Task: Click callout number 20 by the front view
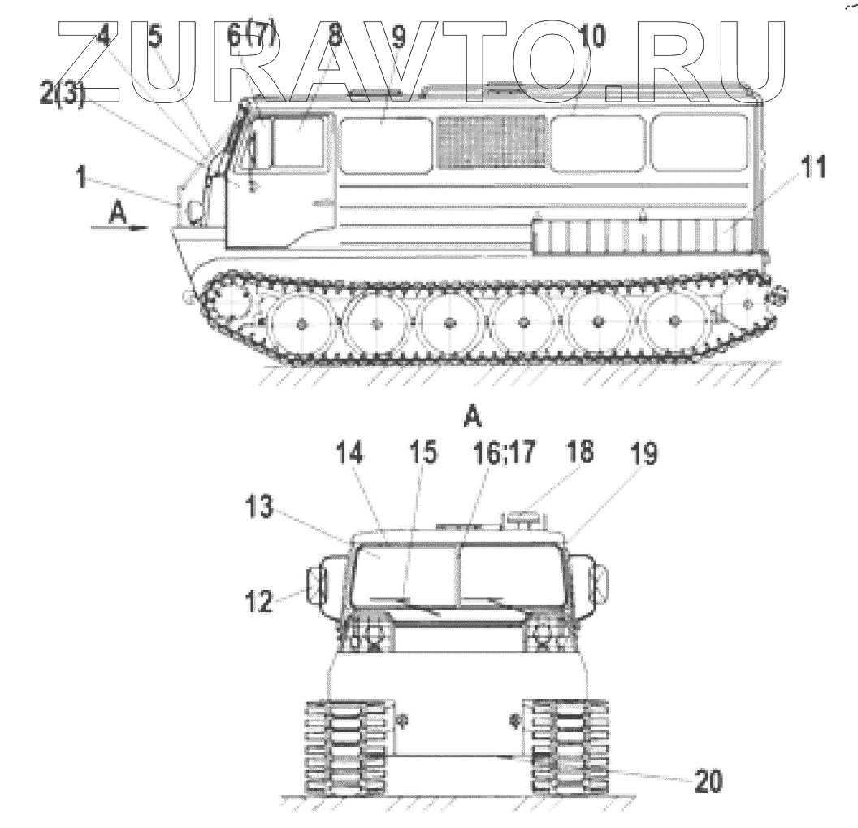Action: click(x=704, y=782)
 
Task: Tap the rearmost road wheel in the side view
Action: click(x=674, y=323)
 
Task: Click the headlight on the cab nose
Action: click(x=195, y=211)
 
